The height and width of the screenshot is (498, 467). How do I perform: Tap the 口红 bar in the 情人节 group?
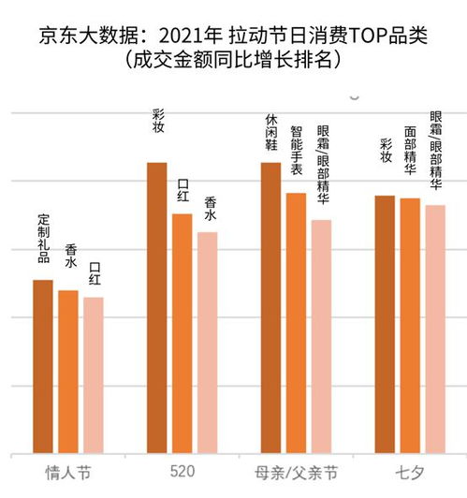coord(93,374)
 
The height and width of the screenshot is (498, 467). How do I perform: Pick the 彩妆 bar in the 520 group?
coord(157,308)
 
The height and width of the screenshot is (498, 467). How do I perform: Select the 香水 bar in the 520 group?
coord(208,343)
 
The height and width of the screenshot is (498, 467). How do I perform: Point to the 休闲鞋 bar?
coord(271,308)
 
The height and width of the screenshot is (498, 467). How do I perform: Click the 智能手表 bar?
coord(296,323)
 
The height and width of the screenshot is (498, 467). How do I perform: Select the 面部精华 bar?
coord(410,326)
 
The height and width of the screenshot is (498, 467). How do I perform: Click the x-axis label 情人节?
coord(67,471)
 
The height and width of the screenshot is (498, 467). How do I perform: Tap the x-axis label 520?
coord(182,471)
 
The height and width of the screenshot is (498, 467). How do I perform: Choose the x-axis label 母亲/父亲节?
coord(296,471)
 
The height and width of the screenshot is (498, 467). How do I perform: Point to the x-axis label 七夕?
coord(410,471)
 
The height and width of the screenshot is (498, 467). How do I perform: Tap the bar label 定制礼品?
coord(43,238)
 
